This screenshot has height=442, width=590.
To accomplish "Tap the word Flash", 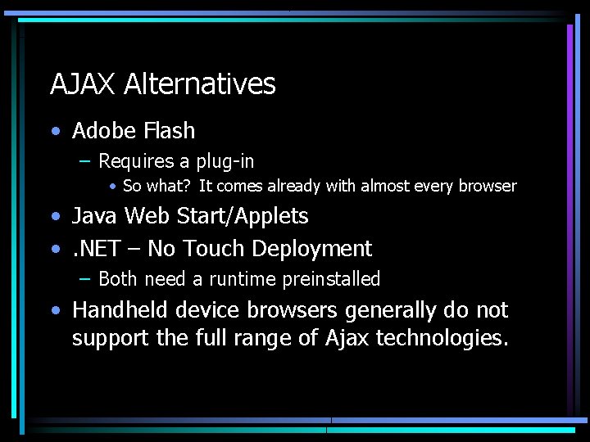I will [168, 131].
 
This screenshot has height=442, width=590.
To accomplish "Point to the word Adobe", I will [103, 131].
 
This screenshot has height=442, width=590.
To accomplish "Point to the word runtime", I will [243, 280].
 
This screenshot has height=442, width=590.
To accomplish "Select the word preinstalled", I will [332, 280].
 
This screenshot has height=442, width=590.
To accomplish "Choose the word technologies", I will [442, 338].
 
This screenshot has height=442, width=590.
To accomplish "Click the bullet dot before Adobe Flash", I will [54, 131].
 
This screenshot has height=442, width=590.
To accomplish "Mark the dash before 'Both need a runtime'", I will [85, 279].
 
